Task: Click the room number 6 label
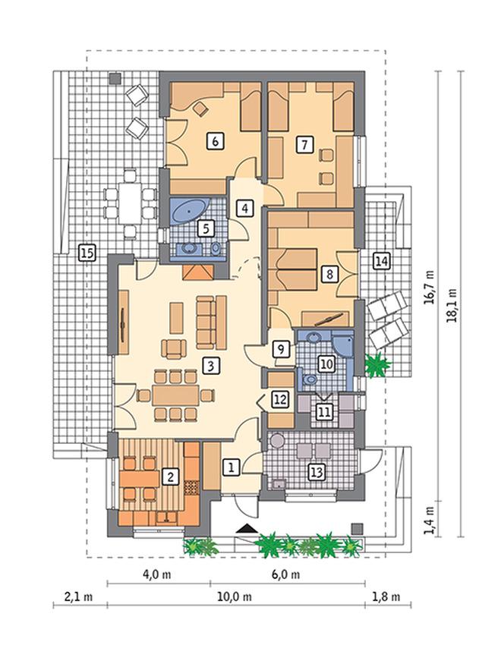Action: (215, 141)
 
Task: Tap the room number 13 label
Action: (317, 472)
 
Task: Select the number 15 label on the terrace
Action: (87, 253)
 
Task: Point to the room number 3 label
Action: (211, 365)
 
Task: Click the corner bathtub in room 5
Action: (189, 212)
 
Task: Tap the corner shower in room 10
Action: (344, 345)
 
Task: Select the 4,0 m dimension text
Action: (157, 574)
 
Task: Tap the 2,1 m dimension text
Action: (78, 596)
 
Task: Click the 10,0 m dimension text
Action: (235, 596)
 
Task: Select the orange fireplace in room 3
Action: (198, 272)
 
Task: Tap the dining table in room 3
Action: (175, 395)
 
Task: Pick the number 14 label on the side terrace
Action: (381, 261)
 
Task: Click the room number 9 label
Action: (281, 349)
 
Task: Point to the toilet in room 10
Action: (307, 379)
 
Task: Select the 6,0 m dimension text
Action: (285, 574)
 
